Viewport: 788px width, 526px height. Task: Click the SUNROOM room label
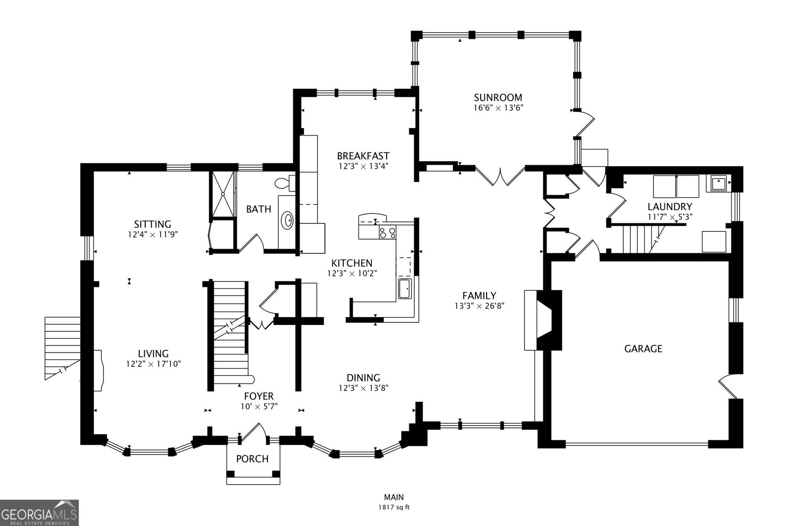[x=497, y=97]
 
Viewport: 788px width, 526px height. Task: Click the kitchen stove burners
[x=387, y=232]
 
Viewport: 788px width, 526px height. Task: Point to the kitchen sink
[x=405, y=288]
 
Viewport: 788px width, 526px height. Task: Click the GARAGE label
[x=643, y=349]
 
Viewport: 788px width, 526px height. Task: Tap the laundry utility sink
[x=717, y=183]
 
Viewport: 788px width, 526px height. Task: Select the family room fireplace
[x=544, y=320]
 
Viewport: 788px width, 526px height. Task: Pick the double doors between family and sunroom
[x=500, y=176]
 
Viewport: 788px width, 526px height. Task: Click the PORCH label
[x=252, y=459]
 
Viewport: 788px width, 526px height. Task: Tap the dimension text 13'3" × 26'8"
[x=479, y=306]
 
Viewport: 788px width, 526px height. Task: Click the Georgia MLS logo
[x=39, y=513]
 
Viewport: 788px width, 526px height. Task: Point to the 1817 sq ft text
[x=394, y=507]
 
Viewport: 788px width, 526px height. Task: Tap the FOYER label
[x=259, y=396]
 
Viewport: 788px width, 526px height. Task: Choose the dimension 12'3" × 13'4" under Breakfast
[x=363, y=166]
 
